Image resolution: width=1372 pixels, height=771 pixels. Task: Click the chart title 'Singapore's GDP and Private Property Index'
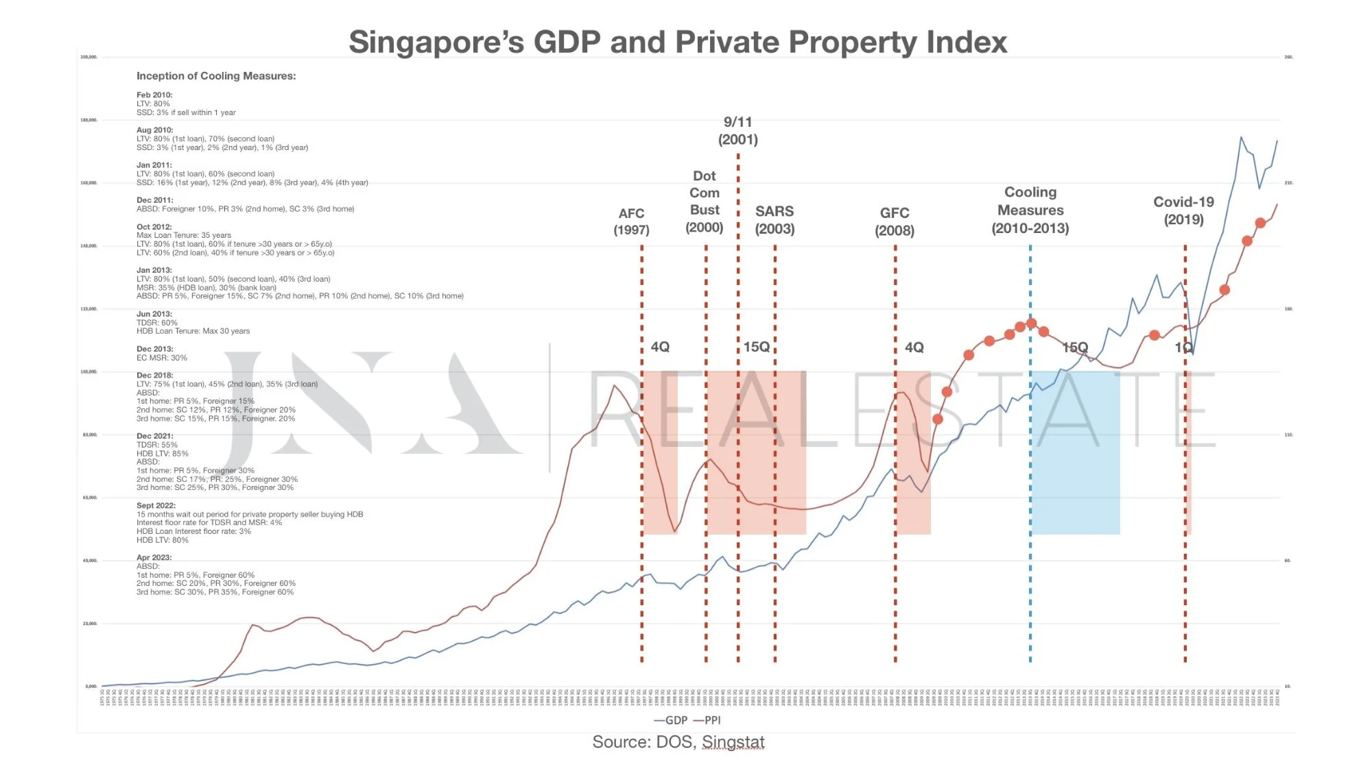point(678,42)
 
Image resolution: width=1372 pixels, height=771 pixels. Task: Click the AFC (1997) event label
point(631,221)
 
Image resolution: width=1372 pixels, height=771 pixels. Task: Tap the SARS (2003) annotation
point(774,220)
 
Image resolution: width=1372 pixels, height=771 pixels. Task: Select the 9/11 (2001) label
point(738,131)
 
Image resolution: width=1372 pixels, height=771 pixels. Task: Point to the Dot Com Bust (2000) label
point(705,201)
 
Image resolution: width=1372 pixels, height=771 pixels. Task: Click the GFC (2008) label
point(895,221)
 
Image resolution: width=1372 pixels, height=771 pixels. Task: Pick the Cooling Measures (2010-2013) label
point(1030,210)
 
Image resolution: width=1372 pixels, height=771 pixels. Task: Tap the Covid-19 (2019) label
point(1183,210)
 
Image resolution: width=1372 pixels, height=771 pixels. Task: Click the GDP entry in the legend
point(671,720)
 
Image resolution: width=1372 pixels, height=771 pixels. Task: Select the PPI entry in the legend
point(708,720)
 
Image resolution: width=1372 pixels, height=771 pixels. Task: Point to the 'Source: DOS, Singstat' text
point(678,742)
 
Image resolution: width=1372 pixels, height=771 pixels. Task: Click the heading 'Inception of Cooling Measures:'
point(216,76)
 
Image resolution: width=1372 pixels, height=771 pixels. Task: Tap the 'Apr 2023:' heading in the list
point(154,558)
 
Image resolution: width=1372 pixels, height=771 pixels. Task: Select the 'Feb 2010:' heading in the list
point(154,95)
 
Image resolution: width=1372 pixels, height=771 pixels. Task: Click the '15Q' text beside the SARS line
point(757,347)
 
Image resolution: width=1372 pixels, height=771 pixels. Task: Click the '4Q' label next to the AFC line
point(660,347)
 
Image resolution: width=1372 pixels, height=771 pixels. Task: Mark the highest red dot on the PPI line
point(1260,223)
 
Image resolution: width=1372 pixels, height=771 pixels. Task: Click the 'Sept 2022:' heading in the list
point(156,506)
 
